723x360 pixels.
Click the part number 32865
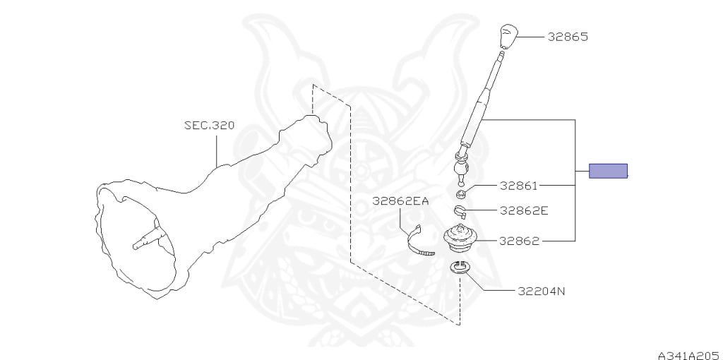tap(568, 37)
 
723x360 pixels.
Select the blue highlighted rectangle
tap(608, 170)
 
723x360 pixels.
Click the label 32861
tap(519, 186)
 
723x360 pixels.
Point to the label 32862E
tap(524, 210)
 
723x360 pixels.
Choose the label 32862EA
tap(401, 201)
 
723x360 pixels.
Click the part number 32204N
tap(541, 290)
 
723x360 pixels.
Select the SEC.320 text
tap(209, 126)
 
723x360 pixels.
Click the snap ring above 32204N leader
tap(460, 268)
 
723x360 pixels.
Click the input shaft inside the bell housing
tap(148, 236)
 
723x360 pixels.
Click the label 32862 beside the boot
tap(519, 241)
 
